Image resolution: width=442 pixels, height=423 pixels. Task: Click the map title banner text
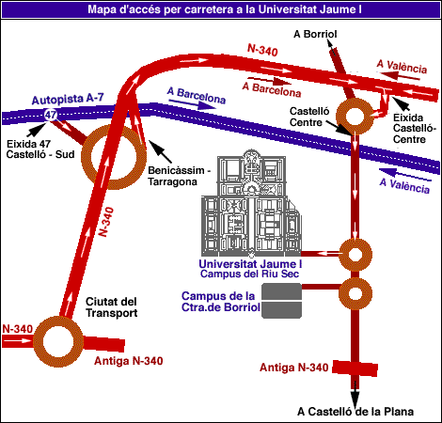[x=225, y=9]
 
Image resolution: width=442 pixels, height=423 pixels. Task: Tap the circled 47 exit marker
[x=51, y=115]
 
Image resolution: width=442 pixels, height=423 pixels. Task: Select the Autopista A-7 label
[x=68, y=99]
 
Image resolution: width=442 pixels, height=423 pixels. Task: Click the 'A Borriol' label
[x=315, y=34]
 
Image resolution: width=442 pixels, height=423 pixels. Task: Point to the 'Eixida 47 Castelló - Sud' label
[x=40, y=149]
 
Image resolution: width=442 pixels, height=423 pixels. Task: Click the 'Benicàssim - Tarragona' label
[x=179, y=176]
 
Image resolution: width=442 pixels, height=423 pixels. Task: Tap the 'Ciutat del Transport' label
[x=112, y=307]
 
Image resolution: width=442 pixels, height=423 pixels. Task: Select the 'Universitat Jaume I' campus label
[x=250, y=264]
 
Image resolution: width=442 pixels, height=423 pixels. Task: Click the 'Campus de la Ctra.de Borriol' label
[x=221, y=302]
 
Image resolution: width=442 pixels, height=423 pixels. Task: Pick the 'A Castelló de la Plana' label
[x=355, y=411]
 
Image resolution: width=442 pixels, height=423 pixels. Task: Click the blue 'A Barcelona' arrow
[x=192, y=104]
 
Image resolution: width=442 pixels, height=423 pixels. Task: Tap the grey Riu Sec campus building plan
[x=251, y=203]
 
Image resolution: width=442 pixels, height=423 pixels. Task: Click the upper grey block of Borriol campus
[x=281, y=291]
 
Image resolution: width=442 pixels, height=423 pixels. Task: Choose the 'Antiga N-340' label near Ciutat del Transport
[x=129, y=361]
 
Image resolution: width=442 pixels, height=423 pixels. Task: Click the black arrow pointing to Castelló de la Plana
[x=355, y=395]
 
